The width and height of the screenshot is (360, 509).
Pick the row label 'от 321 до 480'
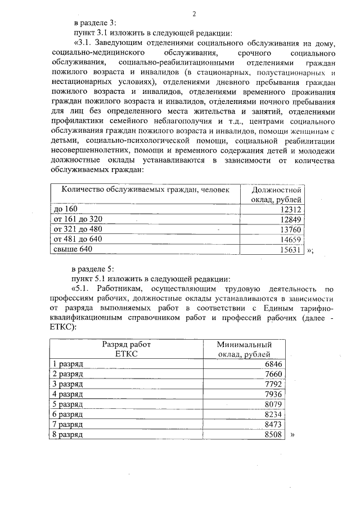tap(78, 229)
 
